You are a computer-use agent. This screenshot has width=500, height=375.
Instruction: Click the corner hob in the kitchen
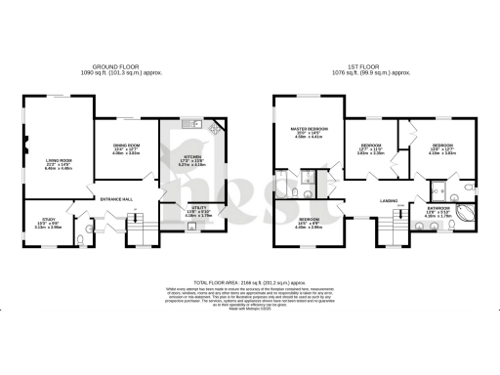point(216,126)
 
